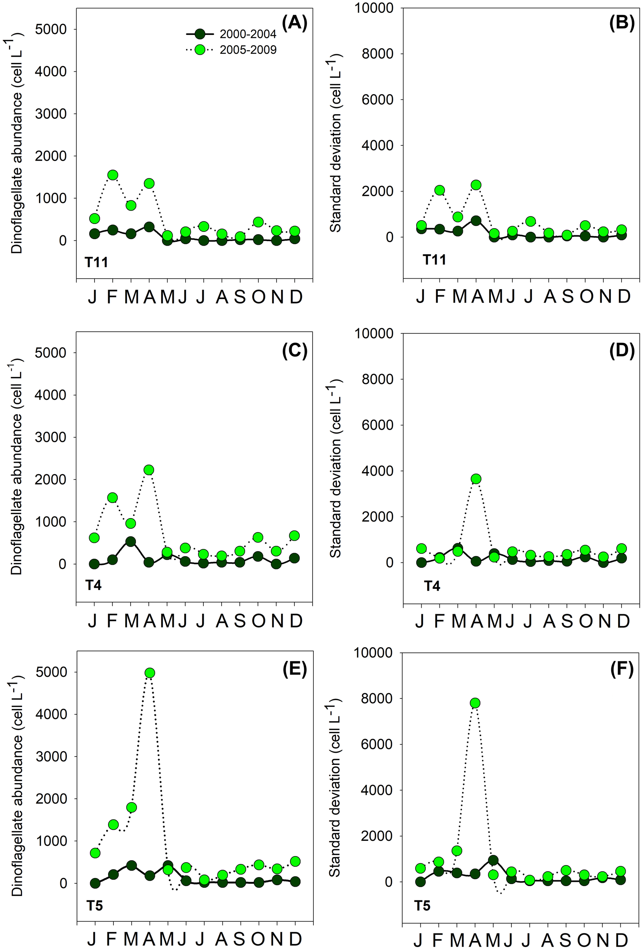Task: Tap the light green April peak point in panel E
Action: coord(150,673)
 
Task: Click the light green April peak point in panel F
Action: coord(475,703)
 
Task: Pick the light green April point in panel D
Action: coord(476,479)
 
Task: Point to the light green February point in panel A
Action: coord(113,175)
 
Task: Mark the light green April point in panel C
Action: coord(149,470)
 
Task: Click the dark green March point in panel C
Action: coord(131,541)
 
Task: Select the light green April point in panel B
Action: coord(476,184)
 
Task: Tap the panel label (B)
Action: coord(622,23)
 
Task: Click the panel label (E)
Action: coord(295,670)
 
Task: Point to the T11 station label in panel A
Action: coord(96,262)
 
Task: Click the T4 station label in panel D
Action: coord(432,586)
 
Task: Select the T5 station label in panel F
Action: coord(422,906)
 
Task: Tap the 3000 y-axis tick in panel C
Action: coord(50,437)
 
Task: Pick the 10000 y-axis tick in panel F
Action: coord(374,653)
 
